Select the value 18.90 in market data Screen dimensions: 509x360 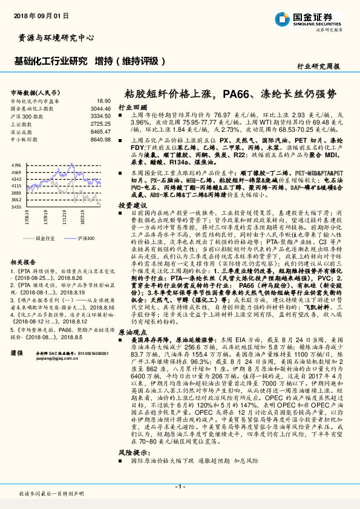click(103, 101)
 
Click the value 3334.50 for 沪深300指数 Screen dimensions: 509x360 click(100, 115)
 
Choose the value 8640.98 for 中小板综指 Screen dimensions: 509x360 click(100, 138)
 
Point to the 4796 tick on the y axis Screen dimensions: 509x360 click(16, 164)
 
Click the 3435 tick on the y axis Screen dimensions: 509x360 click(16, 207)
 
